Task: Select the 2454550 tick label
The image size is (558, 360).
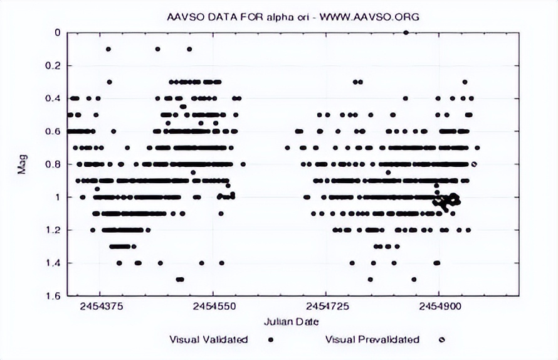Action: point(213,309)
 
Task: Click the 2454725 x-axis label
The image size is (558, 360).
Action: point(325,309)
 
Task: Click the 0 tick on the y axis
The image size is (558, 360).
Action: point(56,33)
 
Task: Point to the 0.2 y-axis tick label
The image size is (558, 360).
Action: point(53,66)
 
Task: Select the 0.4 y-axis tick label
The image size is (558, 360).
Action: point(53,98)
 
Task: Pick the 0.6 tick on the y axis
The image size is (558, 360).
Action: point(53,131)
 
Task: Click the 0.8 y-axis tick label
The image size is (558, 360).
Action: point(53,164)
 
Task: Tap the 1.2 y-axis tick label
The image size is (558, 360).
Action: point(53,230)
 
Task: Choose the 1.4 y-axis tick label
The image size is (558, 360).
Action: point(53,263)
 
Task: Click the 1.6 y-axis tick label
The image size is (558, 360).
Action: point(53,295)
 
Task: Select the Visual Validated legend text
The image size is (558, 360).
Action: point(209,340)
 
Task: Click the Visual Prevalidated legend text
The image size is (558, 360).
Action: point(372,340)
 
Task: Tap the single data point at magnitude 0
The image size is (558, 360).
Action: point(406,33)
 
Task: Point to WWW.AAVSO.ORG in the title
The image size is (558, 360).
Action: point(369,17)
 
